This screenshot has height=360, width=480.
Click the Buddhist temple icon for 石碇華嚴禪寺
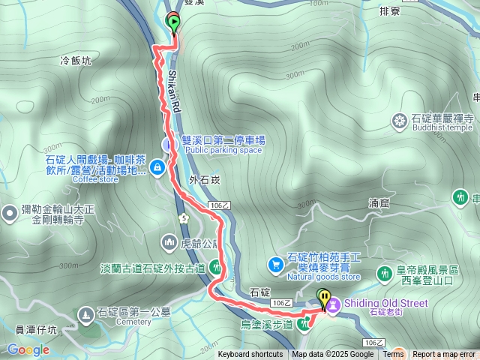coord(399,119)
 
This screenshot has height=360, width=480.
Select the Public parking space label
coord(223,150)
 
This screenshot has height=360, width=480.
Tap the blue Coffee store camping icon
coord(157,166)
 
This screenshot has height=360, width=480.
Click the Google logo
coord(28,349)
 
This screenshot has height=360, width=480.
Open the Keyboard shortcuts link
coord(250,355)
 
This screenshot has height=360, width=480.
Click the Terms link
coord(393,355)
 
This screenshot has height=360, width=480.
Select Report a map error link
coord(444,355)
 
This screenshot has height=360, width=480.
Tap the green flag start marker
coord(174,22)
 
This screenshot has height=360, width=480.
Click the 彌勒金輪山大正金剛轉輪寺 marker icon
coord(10,214)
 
